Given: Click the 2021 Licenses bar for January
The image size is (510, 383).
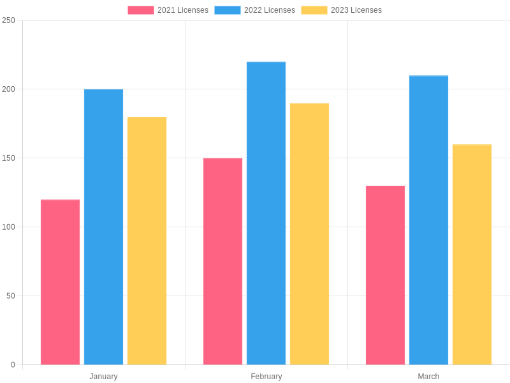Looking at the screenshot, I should coord(60,282).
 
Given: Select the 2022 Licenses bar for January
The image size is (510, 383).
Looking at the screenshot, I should coord(103,227).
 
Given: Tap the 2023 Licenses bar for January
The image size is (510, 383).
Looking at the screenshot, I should coord(147,241).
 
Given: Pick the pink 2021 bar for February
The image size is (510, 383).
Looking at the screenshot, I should coord(222,261).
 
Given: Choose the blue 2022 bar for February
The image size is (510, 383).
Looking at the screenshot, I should coord(266,213).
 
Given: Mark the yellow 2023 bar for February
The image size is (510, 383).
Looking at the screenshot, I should coord(309,234).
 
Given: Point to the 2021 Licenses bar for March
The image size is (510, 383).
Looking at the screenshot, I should coord(385,275).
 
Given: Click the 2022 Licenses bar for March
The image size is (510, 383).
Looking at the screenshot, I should coord(428,220).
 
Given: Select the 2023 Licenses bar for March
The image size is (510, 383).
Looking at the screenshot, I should coord(472,254).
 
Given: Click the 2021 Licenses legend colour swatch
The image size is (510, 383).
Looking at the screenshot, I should coord(140,10).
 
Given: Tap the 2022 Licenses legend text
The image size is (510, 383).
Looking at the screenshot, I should coord(270,10).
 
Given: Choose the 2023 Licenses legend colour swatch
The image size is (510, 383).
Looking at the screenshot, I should coord(314,10).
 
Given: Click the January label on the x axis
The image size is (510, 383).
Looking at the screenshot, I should coord(103,377).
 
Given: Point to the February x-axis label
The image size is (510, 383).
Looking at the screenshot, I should coord(266,377).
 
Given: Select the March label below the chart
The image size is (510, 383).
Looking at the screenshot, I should coord(428,377).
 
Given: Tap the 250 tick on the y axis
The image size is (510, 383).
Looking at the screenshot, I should coord(8,20).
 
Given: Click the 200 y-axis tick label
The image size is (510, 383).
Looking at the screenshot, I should coord(8,89).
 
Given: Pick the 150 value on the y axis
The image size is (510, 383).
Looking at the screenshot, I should coord(8,158).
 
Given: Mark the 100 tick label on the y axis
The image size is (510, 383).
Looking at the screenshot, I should coord(8,227).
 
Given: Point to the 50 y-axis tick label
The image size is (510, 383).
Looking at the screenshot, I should coord(10,296).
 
